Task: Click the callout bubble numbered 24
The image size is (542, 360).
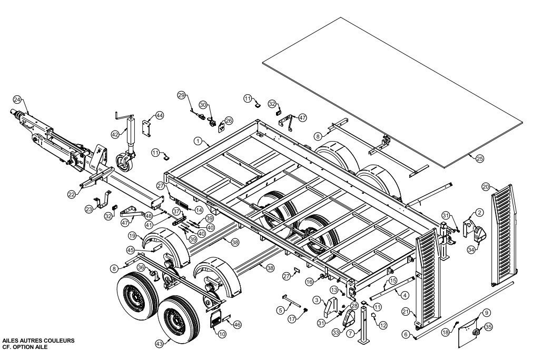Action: [17, 99]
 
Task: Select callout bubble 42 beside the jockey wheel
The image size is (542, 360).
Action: [115, 134]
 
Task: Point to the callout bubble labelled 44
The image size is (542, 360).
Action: [159, 115]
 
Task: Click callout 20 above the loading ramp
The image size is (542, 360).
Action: [486, 187]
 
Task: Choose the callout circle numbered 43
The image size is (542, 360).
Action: [160, 343]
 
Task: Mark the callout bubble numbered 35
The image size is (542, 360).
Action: [488, 327]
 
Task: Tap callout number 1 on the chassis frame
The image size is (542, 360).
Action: [198, 141]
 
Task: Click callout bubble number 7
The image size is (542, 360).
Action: [350, 334]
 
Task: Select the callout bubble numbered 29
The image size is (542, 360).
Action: [181, 95]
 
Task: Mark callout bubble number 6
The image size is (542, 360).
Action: [405, 334]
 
